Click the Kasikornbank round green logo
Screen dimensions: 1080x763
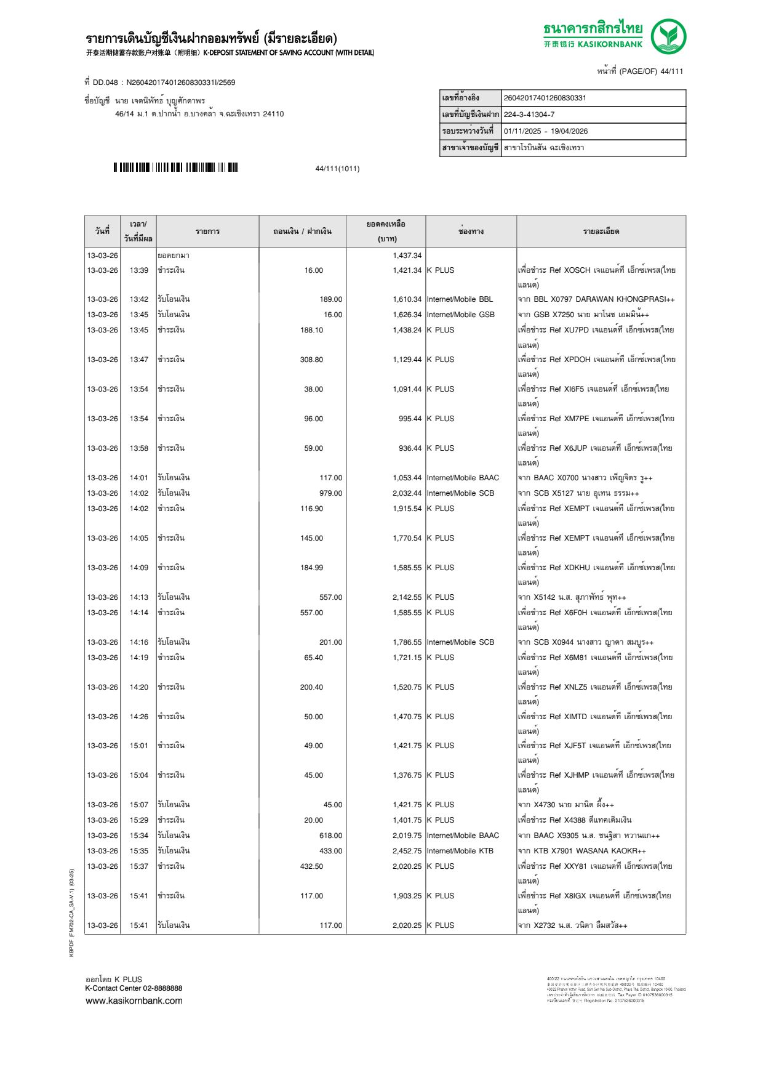pos(668,36)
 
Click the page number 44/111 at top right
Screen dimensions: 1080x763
pos(672,71)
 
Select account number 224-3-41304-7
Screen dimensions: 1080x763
pos(529,115)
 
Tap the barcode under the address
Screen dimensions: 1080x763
pos(175,167)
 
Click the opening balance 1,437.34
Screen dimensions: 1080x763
pos(407,256)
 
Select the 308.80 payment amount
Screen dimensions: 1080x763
pos(311,360)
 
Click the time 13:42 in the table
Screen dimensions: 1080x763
pos(138,299)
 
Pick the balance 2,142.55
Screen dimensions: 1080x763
pos(407,597)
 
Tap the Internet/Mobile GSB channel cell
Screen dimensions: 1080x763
pos(460,315)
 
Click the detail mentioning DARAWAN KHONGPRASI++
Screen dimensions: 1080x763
pos(596,299)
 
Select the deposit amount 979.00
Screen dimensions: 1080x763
pos(330,493)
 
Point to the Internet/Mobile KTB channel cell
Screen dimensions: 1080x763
pos(460,851)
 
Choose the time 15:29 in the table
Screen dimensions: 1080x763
pos(138,820)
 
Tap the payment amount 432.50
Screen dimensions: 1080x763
pos(311,866)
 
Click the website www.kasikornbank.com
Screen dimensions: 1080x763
pos(134,1001)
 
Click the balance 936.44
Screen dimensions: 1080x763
pos(410,448)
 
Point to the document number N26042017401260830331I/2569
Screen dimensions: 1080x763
pos(180,83)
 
